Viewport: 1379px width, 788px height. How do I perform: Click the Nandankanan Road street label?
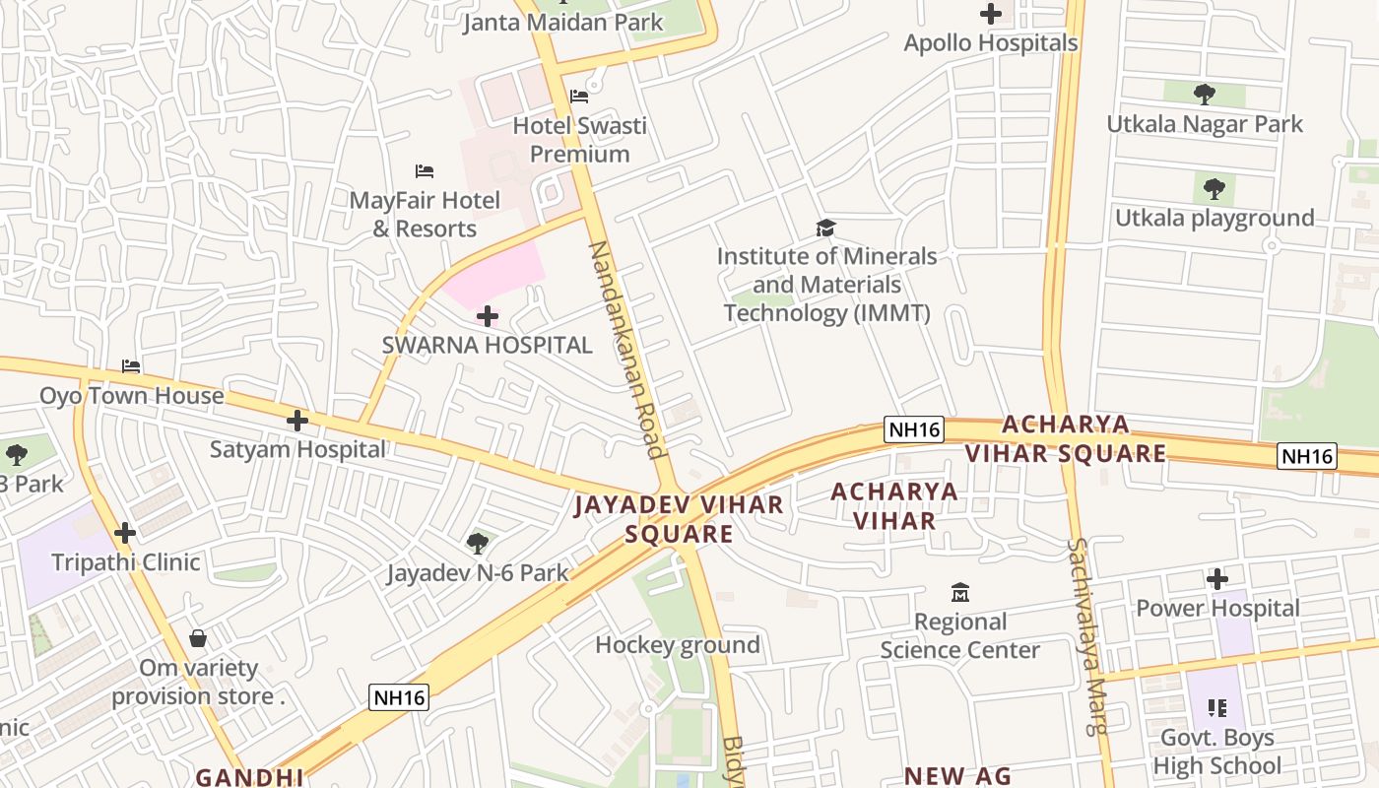[x=625, y=350]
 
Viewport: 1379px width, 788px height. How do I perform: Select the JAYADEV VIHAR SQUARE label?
[x=679, y=519]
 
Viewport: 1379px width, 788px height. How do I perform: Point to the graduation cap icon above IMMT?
[x=825, y=229]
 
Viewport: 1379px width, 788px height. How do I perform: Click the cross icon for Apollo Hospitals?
[x=991, y=14]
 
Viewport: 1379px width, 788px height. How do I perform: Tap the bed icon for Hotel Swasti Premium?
[x=579, y=97]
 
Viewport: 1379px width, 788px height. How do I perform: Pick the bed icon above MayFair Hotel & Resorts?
[x=425, y=171]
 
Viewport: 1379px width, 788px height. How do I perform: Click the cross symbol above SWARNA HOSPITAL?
[x=487, y=316]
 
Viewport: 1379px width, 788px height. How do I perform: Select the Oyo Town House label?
[x=131, y=396]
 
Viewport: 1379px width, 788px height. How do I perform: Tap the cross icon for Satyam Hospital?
[x=296, y=421]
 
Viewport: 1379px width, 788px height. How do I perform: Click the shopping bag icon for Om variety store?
[x=198, y=638]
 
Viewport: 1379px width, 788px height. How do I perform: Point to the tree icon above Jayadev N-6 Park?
[x=478, y=543]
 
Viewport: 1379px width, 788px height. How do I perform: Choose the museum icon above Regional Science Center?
[x=959, y=593]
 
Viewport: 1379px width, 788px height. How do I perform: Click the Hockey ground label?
[x=678, y=645]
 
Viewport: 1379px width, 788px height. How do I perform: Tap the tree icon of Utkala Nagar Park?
[x=1204, y=95]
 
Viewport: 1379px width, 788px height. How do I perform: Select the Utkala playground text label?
[x=1215, y=218]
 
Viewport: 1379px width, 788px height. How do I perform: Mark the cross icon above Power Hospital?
[x=1217, y=579]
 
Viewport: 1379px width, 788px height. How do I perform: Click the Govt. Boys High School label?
[x=1217, y=752]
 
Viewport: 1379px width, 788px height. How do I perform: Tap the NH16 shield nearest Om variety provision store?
[x=400, y=697]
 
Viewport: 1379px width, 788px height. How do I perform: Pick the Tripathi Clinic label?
[x=125, y=562]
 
